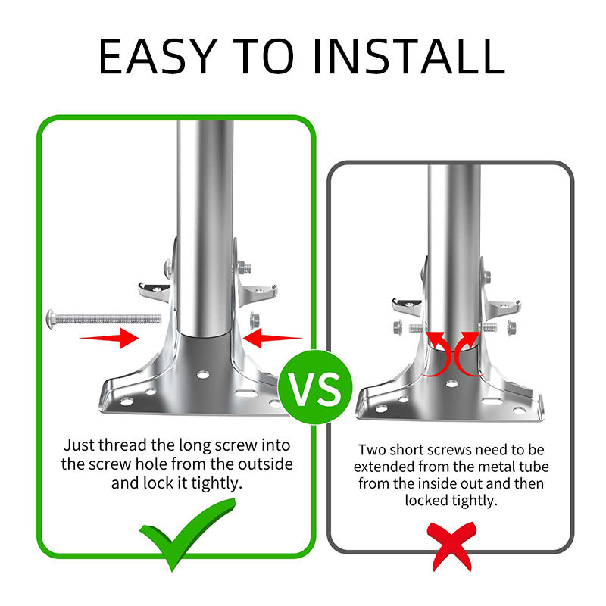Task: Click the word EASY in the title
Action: pyautogui.click(x=158, y=56)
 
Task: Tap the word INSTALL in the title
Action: pyautogui.click(x=409, y=56)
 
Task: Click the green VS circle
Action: pyautogui.click(x=315, y=387)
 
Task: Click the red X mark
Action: pyautogui.click(x=451, y=545)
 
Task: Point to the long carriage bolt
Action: pyautogui.click(x=104, y=319)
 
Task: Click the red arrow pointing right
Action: pyautogui.click(x=109, y=338)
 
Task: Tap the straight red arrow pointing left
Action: pyautogui.click(x=273, y=338)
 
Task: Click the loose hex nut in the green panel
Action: pyautogui.click(x=255, y=320)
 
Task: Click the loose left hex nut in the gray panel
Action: pyautogui.click(x=398, y=328)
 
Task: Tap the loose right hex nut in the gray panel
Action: pyautogui.click(x=511, y=328)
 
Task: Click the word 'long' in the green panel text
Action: pyautogui.click(x=190, y=446)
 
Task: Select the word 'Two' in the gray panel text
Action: pyautogui.click(x=372, y=450)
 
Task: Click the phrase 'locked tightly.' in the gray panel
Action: pyautogui.click(x=451, y=501)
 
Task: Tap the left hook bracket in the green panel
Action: pyautogui.click(x=155, y=292)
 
